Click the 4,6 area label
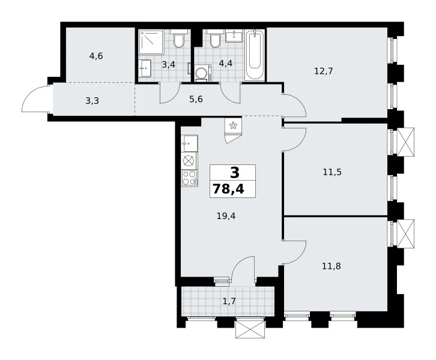[96, 56]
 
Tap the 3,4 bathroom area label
[169, 65]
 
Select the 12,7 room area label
[323, 71]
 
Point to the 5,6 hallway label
[196, 99]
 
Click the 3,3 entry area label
[92, 101]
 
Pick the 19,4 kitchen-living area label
[226, 215]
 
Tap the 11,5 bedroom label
[332, 172]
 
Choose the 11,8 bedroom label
[332, 266]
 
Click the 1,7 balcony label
[229, 301]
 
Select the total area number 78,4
[229, 189]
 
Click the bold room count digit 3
[235, 173]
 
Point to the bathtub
[255, 55]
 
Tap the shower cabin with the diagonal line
[151, 42]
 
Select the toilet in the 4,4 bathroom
[214, 38]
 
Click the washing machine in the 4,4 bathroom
[203, 73]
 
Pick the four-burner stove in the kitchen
[189, 178]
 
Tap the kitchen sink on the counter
[189, 143]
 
